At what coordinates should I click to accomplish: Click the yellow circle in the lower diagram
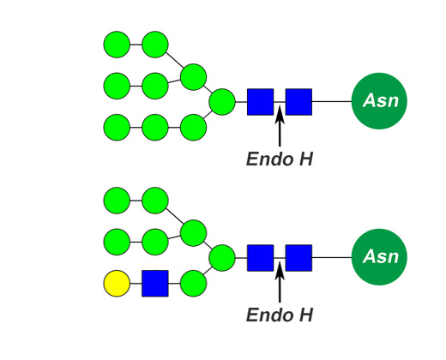(x=117, y=284)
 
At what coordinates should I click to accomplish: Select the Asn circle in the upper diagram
(x=379, y=101)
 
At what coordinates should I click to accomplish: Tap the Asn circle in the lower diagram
(x=379, y=257)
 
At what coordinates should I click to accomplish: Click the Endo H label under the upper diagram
(x=280, y=159)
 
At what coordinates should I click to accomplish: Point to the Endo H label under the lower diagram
(x=280, y=315)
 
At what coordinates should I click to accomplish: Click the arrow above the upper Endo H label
(x=280, y=126)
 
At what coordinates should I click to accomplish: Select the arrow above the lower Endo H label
(x=280, y=282)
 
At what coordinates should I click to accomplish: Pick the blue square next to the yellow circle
(x=155, y=284)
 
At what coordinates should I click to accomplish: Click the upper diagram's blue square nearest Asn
(x=298, y=102)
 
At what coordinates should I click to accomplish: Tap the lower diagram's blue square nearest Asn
(x=298, y=258)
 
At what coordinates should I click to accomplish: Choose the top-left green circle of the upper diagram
(x=117, y=45)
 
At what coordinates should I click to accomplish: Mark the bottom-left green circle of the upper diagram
(x=117, y=128)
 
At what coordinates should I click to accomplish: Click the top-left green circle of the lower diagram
(x=117, y=201)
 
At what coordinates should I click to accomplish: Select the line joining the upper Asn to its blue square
(x=332, y=101)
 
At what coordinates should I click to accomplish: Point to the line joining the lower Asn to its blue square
(x=332, y=257)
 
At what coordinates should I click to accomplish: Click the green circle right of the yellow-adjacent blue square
(x=194, y=284)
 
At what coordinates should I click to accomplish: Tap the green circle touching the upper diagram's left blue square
(x=222, y=102)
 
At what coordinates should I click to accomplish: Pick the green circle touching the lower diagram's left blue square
(x=222, y=258)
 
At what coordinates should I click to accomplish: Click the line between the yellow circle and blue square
(x=136, y=284)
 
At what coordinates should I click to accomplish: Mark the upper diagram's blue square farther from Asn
(x=261, y=102)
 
